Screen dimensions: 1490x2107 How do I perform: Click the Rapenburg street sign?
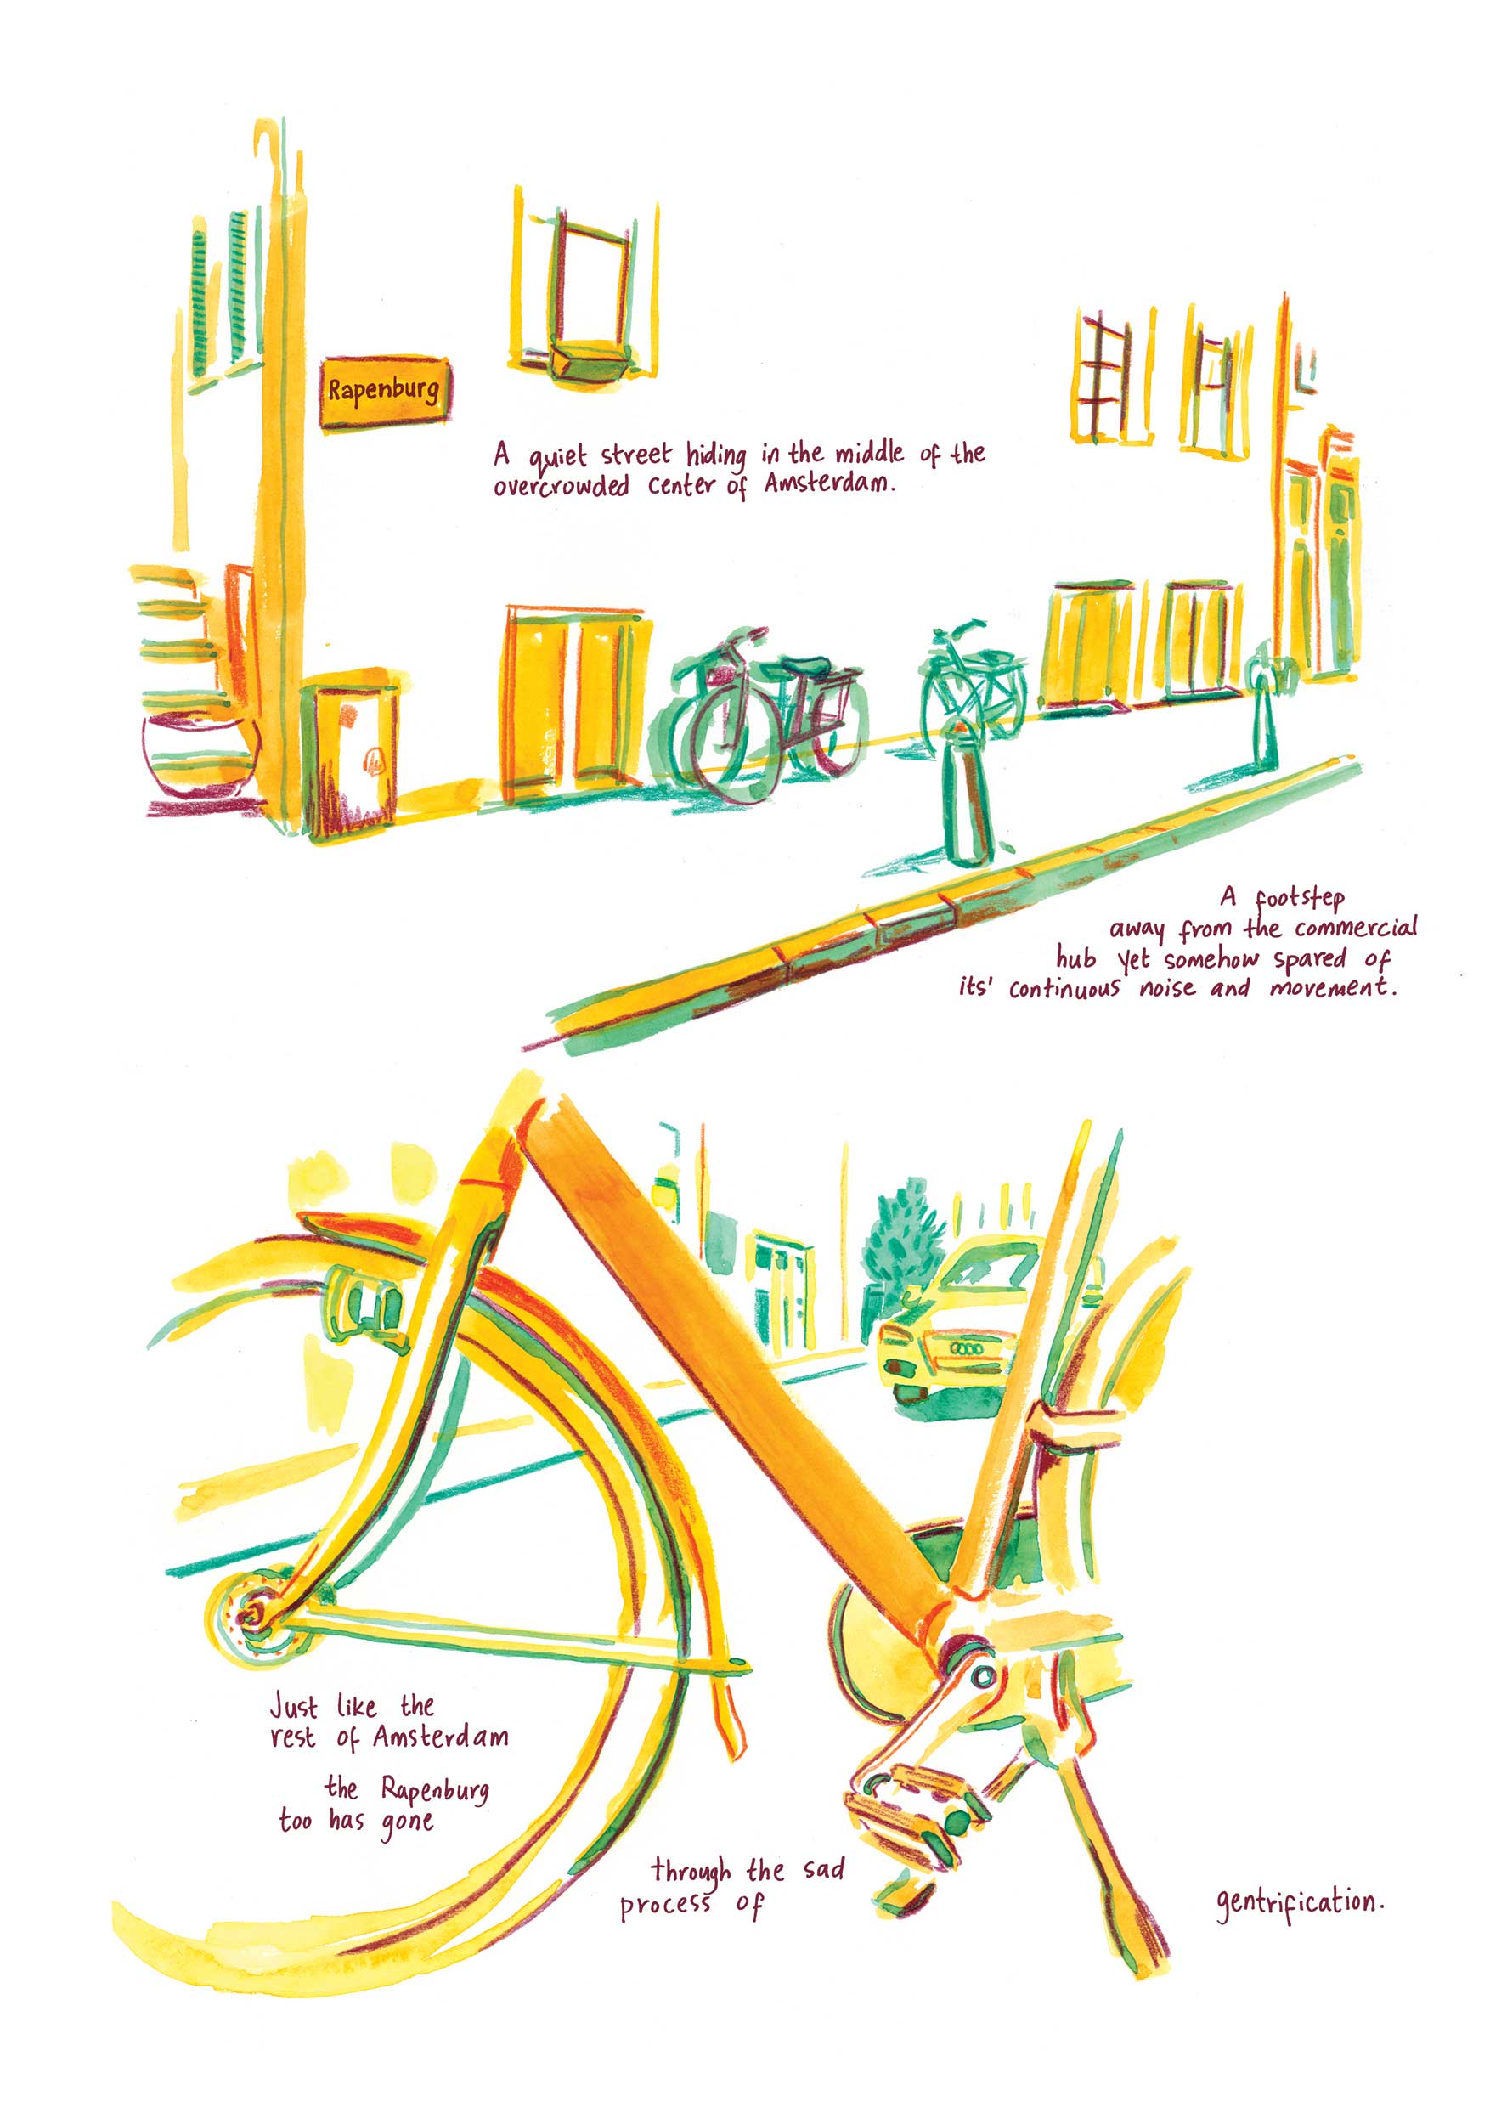pos(385,392)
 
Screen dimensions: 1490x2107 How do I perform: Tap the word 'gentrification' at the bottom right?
pos(1300,1903)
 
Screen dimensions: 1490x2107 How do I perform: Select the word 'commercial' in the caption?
pos(1355,928)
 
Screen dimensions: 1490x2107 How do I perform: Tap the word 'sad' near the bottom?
pos(823,1869)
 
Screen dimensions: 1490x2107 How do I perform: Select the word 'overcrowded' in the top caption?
pos(561,484)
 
